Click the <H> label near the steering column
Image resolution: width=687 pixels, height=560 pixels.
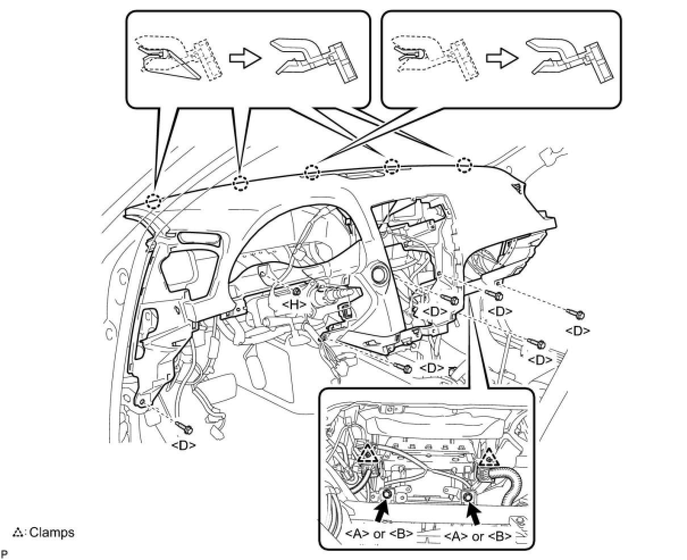(294, 304)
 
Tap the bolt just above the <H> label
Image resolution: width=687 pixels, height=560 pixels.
(295, 292)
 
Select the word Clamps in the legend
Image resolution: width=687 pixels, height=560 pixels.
(52, 532)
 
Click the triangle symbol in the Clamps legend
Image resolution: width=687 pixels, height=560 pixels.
(17, 533)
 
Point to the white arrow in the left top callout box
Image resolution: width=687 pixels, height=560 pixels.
(245, 58)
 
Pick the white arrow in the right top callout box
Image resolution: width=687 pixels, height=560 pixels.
(502, 58)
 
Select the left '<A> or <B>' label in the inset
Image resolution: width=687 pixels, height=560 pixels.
(379, 533)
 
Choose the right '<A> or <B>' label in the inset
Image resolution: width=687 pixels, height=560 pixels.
(477, 536)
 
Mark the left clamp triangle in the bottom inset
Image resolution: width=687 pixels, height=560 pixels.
(368, 455)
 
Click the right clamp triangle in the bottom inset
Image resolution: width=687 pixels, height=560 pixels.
(489, 458)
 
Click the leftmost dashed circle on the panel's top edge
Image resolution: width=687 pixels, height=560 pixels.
(153, 202)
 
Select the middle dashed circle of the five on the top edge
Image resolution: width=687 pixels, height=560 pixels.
(312, 172)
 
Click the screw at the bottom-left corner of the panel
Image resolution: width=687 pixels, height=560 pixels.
(184, 428)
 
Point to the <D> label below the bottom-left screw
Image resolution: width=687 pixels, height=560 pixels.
(183, 445)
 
